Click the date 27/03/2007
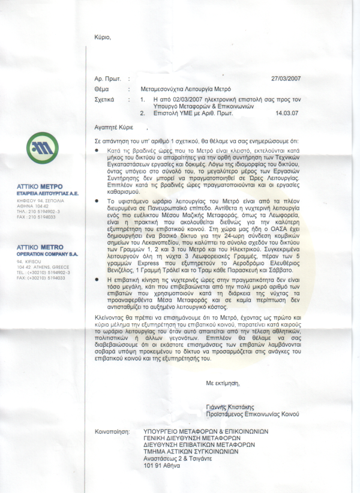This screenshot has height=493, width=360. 285,78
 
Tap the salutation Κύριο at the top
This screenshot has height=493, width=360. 103,38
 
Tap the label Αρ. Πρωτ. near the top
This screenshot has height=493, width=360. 108,78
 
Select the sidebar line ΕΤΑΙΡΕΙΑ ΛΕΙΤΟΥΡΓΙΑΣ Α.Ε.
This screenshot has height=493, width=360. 47,193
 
